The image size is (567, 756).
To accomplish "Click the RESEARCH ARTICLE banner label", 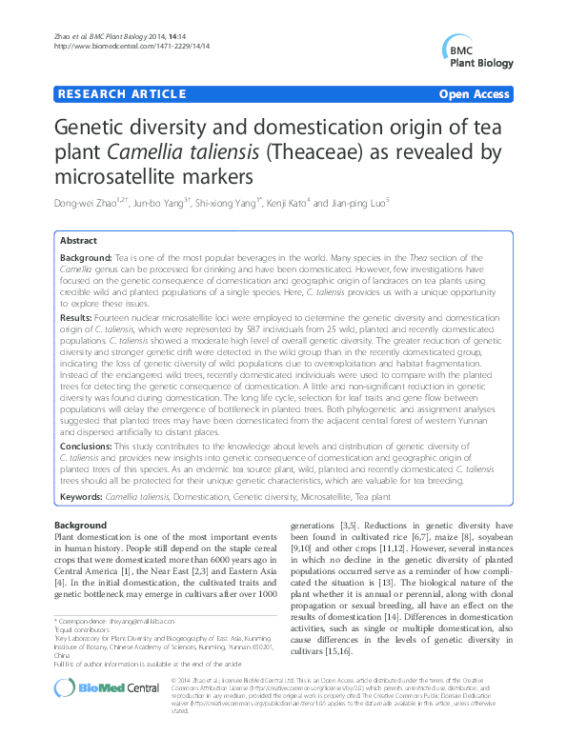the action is [121, 94].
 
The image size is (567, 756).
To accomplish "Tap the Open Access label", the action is [474, 94].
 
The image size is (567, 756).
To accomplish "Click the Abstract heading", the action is [79, 242].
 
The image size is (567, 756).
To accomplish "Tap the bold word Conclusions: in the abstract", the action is [90, 446].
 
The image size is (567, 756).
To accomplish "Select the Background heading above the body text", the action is [81, 526].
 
